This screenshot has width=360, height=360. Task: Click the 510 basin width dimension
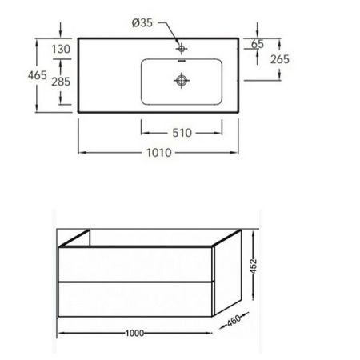(x=181, y=134)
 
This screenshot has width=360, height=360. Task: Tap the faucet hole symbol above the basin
(x=182, y=46)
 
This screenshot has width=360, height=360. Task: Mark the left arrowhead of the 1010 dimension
(x=81, y=152)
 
